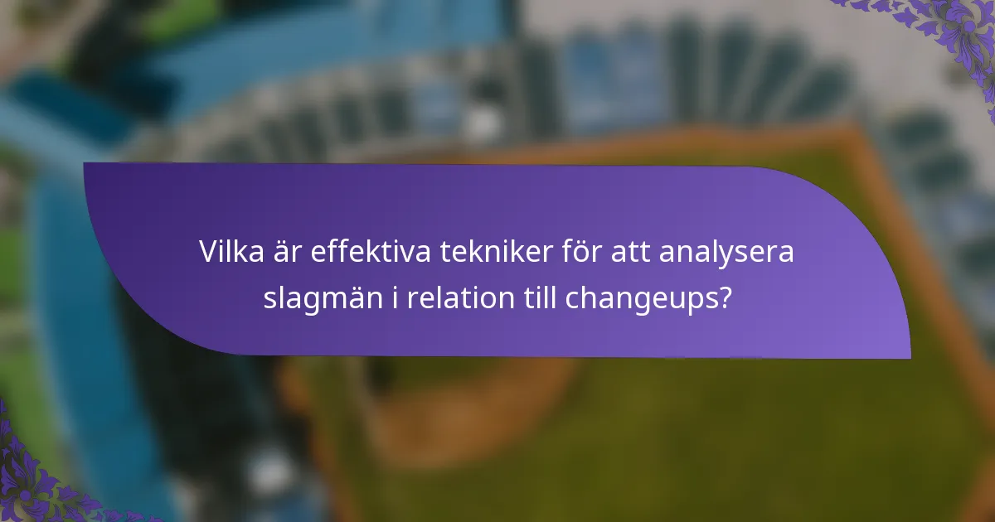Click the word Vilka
point(227,253)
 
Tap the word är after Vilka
point(284,253)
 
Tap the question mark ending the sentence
point(726,297)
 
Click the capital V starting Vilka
point(207,253)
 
